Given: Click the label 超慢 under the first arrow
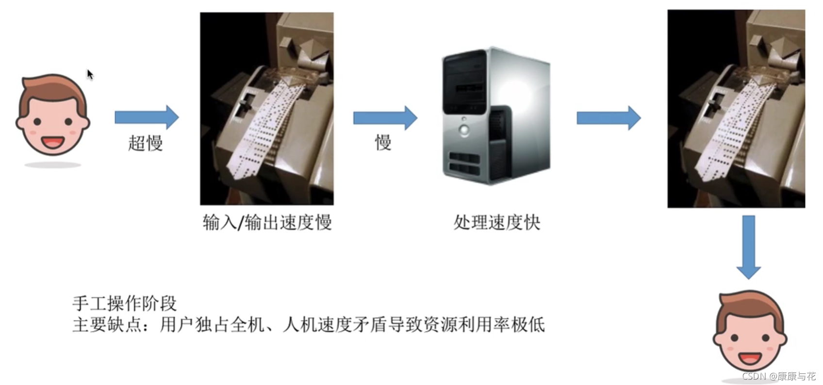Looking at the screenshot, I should click(x=145, y=143).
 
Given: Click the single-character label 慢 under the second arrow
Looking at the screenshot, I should click(x=383, y=143).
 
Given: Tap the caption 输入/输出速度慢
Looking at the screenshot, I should click(x=267, y=223).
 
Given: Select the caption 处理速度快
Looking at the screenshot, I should click(x=496, y=223).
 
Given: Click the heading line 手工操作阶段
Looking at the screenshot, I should click(x=125, y=303).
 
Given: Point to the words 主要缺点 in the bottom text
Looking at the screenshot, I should click(x=107, y=324).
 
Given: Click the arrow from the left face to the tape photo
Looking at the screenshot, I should click(x=147, y=117).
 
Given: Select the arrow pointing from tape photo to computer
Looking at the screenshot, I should click(x=385, y=117).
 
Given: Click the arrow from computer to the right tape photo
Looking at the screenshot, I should click(x=609, y=118).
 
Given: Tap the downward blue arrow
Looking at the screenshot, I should click(x=749, y=247).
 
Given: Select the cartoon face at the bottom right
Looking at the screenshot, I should click(x=750, y=333).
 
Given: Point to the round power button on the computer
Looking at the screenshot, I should click(x=464, y=130).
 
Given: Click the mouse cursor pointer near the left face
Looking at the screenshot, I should click(x=90, y=74).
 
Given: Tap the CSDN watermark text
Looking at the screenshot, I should click(x=779, y=376).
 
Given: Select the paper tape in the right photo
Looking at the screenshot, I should click(x=733, y=131).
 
